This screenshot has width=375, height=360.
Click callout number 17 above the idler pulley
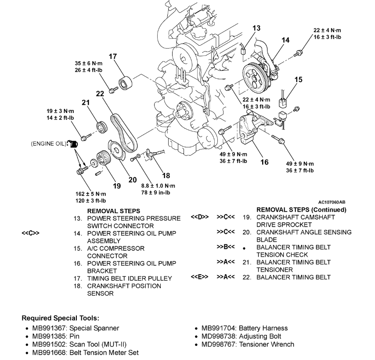113,56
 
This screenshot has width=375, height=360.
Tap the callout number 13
256,28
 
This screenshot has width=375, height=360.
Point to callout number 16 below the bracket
264,162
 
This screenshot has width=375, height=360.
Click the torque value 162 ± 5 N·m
91,194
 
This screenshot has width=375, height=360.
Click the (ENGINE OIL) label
48,144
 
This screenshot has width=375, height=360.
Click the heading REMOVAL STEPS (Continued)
301,210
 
